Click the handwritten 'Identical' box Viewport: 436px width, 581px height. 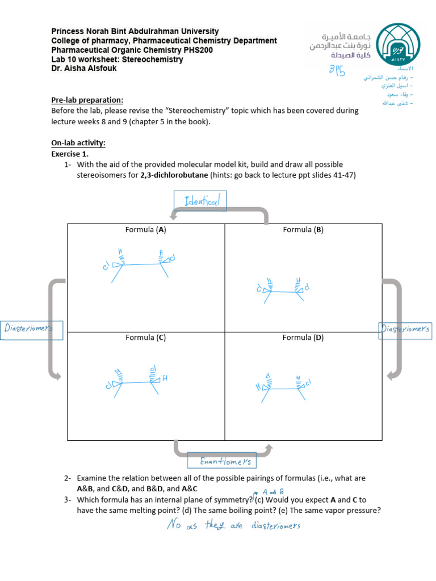tap(200, 201)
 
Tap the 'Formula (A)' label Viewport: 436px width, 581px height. tap(146, 230)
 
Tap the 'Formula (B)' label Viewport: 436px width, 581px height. tap(303, 230)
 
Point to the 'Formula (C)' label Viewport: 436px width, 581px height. tap(146, 338)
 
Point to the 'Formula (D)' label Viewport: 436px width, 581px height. tap(303, 338)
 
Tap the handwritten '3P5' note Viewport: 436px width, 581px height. tap(337, 70)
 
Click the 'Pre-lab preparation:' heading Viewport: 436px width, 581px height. tap(87, 100)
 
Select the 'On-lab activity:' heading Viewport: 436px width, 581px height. tap(78, 144)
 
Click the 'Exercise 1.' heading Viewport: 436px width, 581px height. tap(70, 154)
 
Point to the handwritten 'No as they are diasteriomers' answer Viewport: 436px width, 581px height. tap(234, 525)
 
